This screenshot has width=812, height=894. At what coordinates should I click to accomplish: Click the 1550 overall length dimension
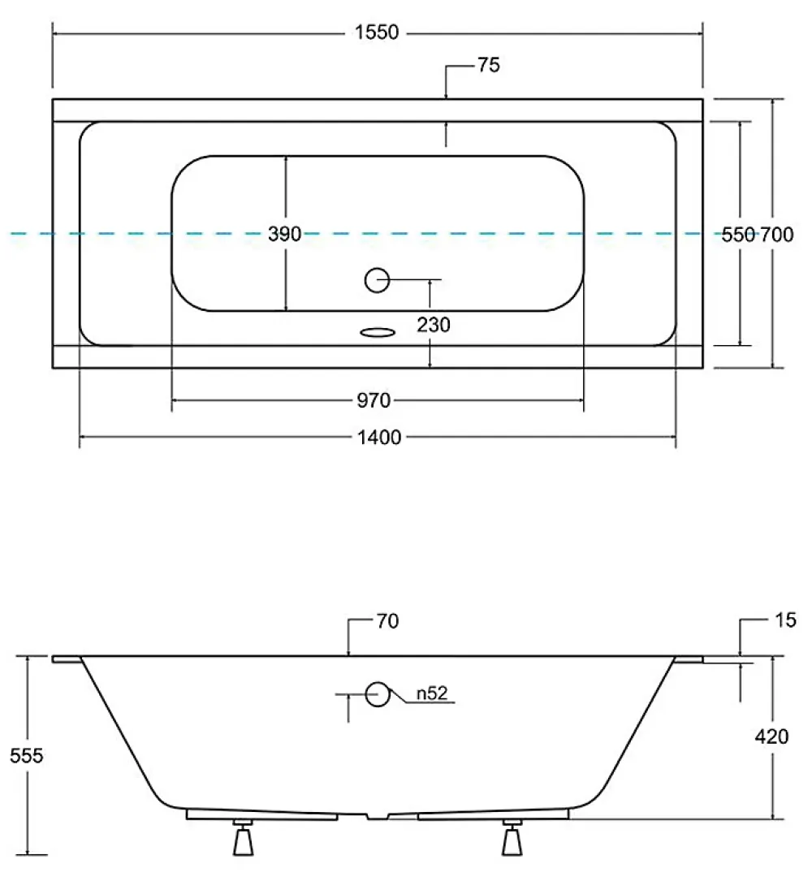point(377,32)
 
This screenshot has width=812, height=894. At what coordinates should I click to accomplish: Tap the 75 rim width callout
point(489,65)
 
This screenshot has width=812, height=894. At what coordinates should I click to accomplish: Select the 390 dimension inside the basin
point(284,234)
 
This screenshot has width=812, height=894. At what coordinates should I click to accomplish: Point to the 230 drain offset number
point(434,325)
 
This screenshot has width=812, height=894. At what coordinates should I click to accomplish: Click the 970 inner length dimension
point(374,400)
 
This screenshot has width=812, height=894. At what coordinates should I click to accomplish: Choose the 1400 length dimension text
point(379,438)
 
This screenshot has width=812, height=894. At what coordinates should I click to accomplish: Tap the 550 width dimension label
point(738,235)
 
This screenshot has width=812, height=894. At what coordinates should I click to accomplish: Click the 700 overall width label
point(776,235)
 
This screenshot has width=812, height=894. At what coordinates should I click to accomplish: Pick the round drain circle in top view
point(377,280)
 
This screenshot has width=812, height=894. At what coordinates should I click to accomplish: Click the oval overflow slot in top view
point(378,332)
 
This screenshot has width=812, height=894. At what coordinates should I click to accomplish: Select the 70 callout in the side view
point(388,621)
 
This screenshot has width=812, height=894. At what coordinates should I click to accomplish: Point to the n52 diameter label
point(432,693)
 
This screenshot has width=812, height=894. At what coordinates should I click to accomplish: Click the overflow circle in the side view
point(377,694)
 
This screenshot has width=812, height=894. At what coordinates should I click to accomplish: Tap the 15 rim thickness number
point(785,620)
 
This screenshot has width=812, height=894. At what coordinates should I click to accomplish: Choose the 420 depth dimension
point(771,736)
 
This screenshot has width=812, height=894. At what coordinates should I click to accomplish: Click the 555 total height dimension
point(27,756)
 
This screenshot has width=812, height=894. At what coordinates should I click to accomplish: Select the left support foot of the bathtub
point(244,837)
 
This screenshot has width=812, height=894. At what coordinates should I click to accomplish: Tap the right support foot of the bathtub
point(512,837)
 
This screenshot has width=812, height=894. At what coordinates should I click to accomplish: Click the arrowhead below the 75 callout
point(446,94)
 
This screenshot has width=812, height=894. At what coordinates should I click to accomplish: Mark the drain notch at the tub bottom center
point(377,816)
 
